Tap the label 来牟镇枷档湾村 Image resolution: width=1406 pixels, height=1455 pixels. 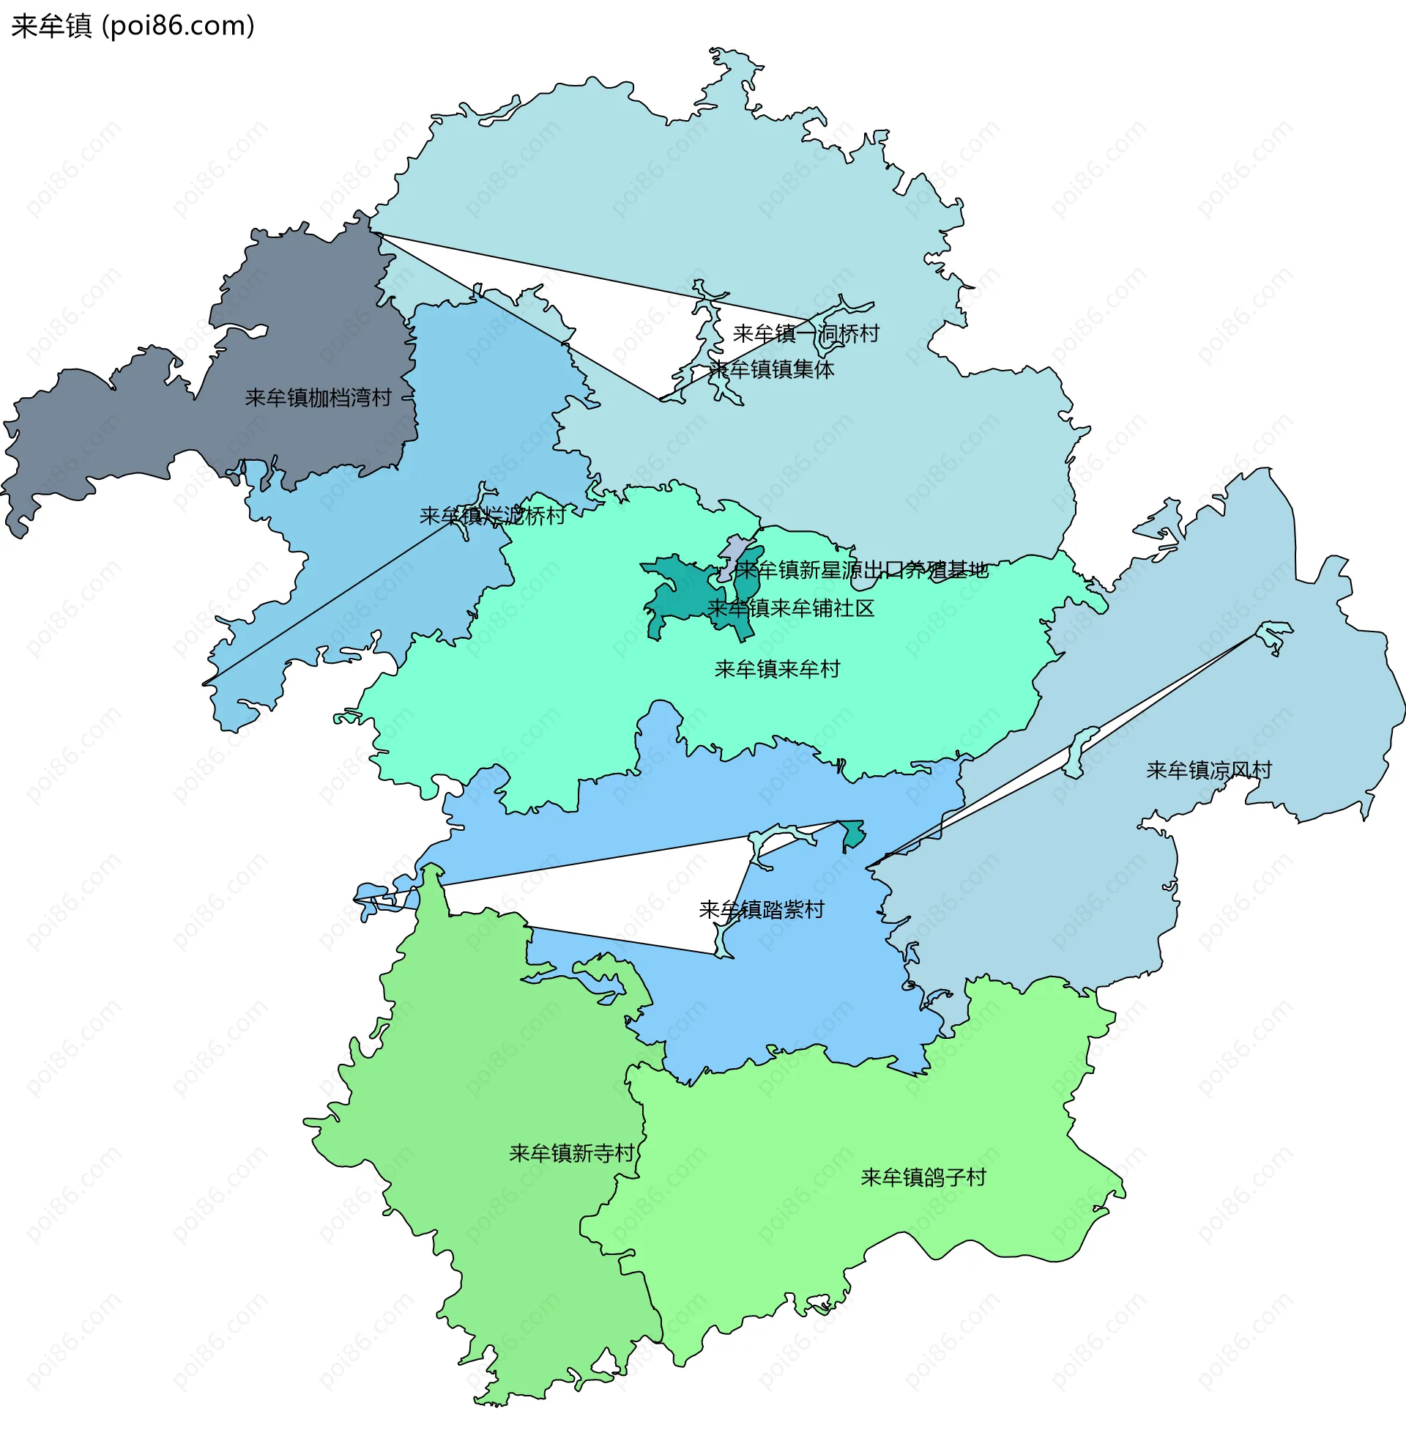point(318,398)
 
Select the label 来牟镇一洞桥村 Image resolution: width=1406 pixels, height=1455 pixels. point(806,333)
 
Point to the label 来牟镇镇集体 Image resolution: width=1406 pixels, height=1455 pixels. point(772,369)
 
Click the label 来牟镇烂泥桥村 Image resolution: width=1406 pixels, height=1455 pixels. point(492,515)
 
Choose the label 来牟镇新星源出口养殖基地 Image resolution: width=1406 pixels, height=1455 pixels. point(862,570)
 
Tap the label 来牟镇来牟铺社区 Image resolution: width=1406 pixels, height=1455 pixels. point(791,609)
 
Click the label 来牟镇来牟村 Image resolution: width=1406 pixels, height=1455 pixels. point(777,670)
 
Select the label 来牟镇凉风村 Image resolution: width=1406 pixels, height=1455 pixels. point(1208,771)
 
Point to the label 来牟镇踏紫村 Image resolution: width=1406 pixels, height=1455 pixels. point(762,909)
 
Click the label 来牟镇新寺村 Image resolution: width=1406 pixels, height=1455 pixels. point(571,1153)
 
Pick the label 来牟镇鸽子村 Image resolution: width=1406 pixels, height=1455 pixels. point(923,1177)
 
